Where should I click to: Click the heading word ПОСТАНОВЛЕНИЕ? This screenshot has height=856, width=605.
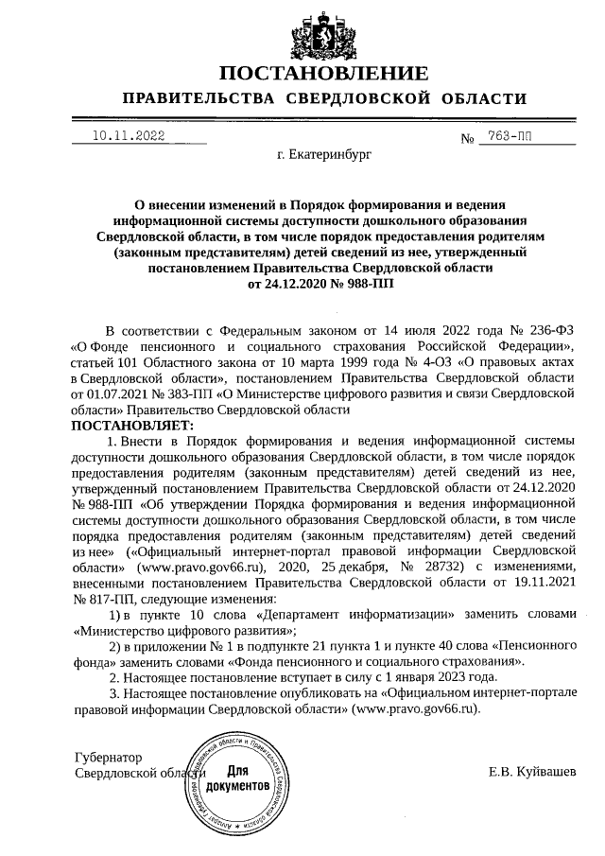coord(323,74)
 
